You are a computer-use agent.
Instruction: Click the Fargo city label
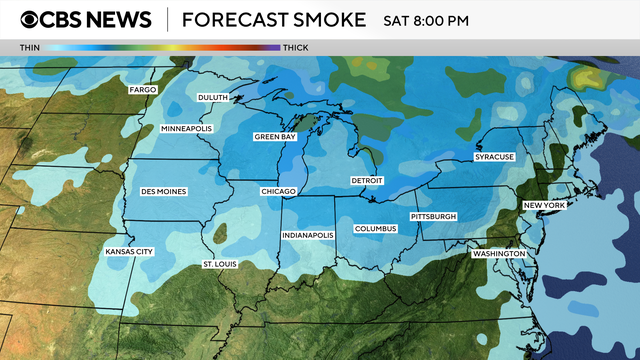(x=141, y=90)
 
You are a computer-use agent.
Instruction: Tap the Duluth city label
(x=214, y=97)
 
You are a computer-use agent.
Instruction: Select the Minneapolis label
(x=186, y=129)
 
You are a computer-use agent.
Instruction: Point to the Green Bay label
(x=273, y=136)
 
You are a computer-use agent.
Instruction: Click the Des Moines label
(x=163, y=191)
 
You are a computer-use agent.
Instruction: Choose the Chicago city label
(x=278, y=191)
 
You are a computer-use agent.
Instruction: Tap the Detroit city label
(x=367, y=180)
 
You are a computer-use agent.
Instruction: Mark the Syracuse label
(x=494, y=157)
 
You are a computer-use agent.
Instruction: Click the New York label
(x=545, y=205)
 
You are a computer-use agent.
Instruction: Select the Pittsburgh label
(x=433, y=217)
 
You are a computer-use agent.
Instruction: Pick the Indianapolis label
(x=306, y=235)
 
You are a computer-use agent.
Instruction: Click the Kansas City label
(x=129, y=252)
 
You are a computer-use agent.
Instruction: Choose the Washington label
(x=499, y=254)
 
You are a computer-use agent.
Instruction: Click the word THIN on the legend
(x=30, y=47)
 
